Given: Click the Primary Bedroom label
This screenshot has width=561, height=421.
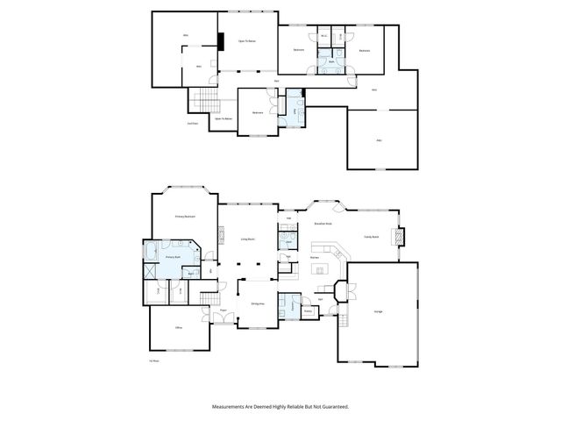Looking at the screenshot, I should click(x=184, y=217).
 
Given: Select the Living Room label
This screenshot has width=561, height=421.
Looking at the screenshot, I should click(x=247, y=238).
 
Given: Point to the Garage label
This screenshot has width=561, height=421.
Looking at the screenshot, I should click(x=378, y=312).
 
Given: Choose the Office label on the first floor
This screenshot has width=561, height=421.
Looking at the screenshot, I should click(x=178, y=327).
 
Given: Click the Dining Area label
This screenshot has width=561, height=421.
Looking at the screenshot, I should click(x=258, y=303).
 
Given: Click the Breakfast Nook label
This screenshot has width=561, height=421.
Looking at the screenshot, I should click(x=323, y=224).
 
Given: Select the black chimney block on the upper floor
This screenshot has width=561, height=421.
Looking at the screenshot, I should click(x=221, y=41).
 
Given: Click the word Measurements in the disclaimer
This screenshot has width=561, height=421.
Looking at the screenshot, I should click(x=230, y=407).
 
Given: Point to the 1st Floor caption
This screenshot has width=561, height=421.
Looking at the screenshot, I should click(x=153, y=360).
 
